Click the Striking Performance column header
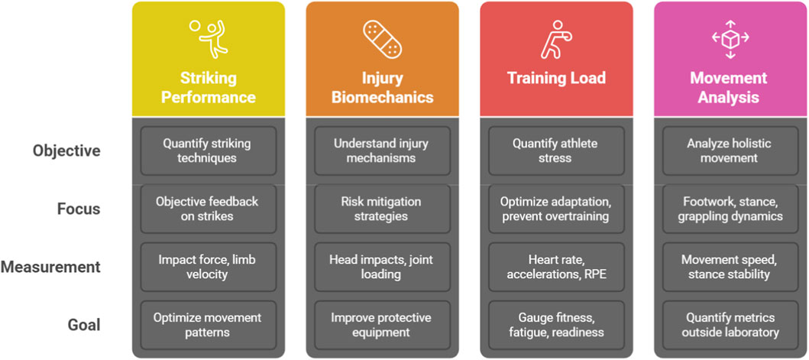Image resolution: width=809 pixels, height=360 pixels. point(208,87)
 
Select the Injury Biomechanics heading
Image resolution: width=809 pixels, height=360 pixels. point(382,87)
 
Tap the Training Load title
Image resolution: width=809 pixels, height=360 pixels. point(556,78)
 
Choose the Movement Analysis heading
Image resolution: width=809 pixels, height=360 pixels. point(730,87)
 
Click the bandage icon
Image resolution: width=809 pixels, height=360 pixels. point(382,37)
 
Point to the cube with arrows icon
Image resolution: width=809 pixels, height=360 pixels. point(730,38)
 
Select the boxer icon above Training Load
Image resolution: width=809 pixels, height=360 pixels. point(555,39)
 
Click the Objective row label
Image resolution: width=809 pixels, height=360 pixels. point(66,151)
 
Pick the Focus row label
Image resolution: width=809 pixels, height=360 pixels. point(79,209)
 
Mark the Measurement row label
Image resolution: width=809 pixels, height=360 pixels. point(50,267)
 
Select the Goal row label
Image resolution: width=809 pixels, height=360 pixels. point(84,325)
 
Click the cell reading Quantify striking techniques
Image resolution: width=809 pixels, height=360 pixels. point(208,151)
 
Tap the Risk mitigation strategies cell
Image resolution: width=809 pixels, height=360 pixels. point(382,209)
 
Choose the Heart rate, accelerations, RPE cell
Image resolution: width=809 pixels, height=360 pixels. point(556,267)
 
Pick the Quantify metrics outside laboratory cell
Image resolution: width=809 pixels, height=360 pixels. point(730,325)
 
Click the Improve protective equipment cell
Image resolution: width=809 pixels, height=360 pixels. point(382,325)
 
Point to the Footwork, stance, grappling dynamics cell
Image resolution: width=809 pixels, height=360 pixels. point(730,209)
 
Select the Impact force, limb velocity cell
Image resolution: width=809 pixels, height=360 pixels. point(208,267)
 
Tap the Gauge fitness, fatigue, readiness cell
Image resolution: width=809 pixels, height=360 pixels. point(556,325)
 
